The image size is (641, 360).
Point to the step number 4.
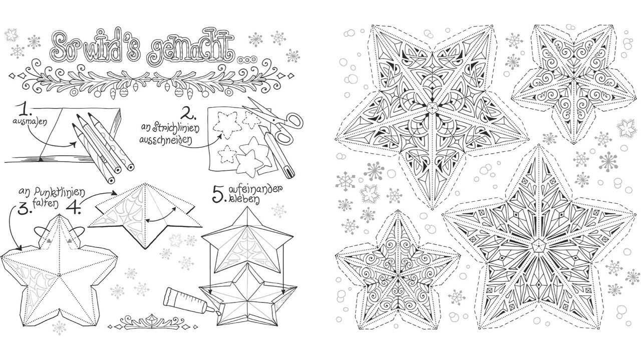[x=74, y=207]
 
